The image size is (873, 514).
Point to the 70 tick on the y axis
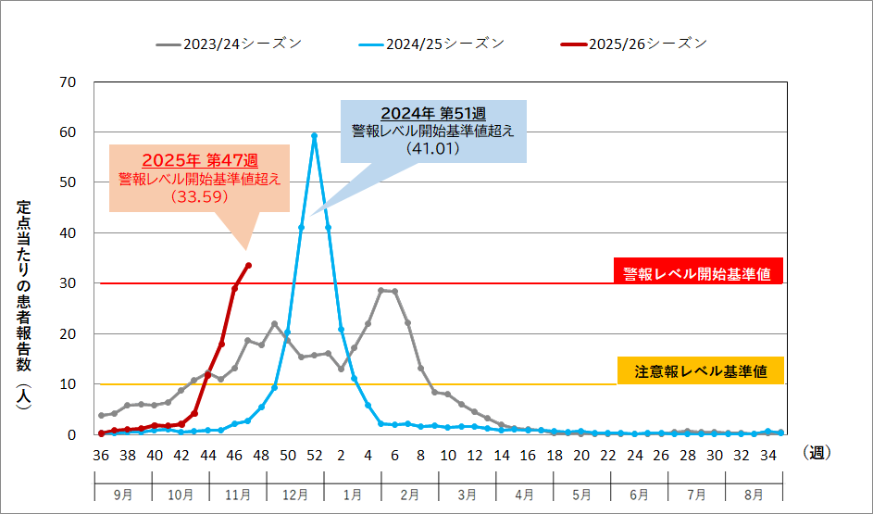(67, 82)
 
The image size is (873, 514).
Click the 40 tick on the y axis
(67, 233)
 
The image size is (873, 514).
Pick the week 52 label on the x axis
(315, 455)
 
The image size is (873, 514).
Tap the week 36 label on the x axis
(100, 455)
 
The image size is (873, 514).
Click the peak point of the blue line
(315, 135)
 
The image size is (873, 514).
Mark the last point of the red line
(248, 266)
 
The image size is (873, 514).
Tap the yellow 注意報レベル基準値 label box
(698, 371)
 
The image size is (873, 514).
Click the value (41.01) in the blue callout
(433, 147)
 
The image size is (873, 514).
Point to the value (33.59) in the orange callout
(199, 196)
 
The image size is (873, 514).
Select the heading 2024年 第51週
(433, 114)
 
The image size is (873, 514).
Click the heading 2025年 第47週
(199, 160)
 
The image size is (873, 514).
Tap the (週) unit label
(817, 454)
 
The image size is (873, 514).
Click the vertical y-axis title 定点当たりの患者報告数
(26, 310)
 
